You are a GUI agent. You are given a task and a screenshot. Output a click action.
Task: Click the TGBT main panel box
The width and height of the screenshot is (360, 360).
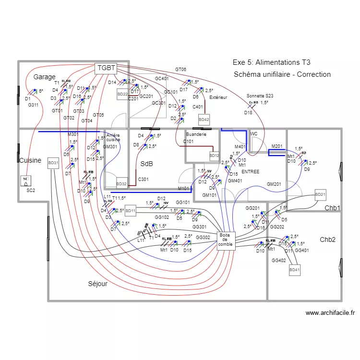pyautogui.click(x=106, y=68)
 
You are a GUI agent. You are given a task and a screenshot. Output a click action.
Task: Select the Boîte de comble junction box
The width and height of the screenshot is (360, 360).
pyautogui.click(x=225, y=240)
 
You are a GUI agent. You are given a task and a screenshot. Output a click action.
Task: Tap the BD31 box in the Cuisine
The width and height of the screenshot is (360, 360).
pyautogui.click(x=53, y=163)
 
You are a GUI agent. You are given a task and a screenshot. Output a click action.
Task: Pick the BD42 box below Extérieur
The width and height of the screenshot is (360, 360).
pyautogui.click(x=204, y=119)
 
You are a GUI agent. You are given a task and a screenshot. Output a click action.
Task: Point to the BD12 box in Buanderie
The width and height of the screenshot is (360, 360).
pyautogui.click(x=214, y=156)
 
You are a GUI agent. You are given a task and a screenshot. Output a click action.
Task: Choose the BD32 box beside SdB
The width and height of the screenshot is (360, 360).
pyautogui.click(x=122, y=183)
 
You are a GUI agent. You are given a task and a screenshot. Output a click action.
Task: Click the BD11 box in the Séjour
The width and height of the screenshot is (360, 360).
pyautogui.click(x=131, y=210)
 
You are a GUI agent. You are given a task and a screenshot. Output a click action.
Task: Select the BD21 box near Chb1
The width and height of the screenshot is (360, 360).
pyautogui.click(x=320, y=194)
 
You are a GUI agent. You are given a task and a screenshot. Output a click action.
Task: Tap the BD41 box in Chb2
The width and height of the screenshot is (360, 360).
pyautogui.click(x=294, y=271)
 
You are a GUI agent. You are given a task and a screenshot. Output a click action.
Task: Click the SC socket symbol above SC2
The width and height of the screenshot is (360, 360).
pyautogui.click(x=26, y=181)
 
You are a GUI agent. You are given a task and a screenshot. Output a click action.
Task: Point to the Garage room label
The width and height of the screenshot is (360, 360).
pyautogui.click(x=44, y=77)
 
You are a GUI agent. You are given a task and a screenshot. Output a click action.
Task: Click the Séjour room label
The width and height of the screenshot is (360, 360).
pyautogui.click(x=97, y=284)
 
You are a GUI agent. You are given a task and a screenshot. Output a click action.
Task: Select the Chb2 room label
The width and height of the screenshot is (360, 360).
pyautogui.click(x=327, y=240)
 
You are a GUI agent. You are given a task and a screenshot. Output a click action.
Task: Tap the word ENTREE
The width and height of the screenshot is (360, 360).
pyautogui.click(x=250, y=171)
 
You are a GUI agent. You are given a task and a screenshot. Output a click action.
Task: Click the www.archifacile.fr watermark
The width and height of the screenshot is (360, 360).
pyautogui.click(x=330, y=312)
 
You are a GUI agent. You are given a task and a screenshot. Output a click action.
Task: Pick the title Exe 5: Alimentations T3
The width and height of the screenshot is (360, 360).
pyautogui.click(x=271, y=62)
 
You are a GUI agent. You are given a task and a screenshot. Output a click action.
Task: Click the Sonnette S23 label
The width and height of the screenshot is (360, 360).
pyautogui.click(x=260, y=96)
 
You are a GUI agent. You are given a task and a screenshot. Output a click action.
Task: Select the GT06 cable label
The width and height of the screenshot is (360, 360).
pyautogui.click(x=180, y=70)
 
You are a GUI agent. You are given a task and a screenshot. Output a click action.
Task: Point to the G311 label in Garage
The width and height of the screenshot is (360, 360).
pyautogui.click(x=33, y=105)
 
